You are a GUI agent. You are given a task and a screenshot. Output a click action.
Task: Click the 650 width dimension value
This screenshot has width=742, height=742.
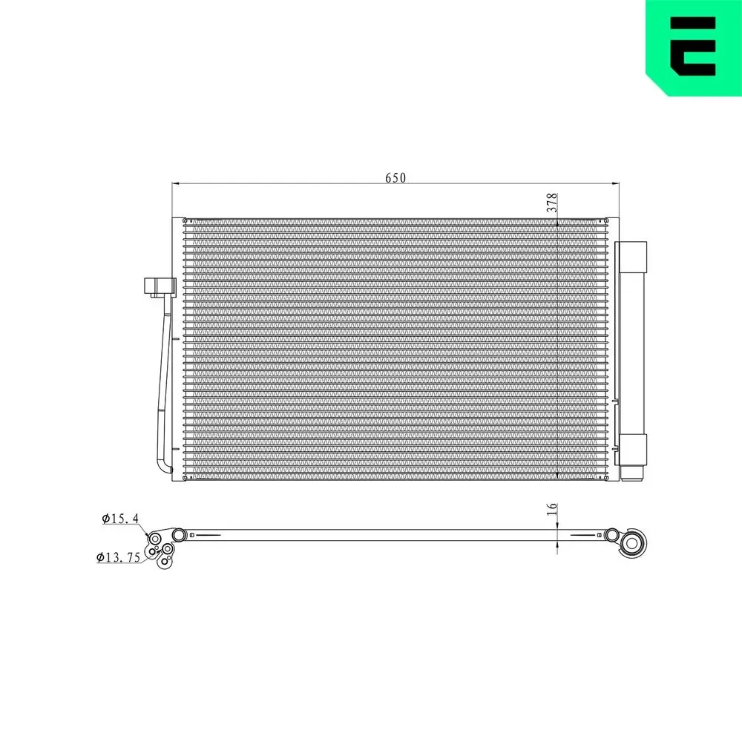pyautogui.click(x=395, y=178)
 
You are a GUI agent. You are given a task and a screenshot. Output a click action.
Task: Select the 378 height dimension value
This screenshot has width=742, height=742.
pyautogui.click(x=551, y=203)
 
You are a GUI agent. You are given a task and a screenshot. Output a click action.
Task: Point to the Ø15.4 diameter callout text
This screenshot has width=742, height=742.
pyautogui.click(x=121, y=519)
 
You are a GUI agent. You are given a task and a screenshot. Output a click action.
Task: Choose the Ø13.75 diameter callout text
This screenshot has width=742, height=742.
pyautogui.click(x=119, y=558)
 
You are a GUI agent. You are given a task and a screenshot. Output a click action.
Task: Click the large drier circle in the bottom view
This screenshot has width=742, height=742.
pyautogui.click(x=632, y=543)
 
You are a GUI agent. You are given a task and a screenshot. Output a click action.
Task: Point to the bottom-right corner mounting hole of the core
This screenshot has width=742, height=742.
pyautogui.click(x=604, y=478)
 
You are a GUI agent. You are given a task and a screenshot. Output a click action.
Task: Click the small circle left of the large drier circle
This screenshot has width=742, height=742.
pyautogui.click(x=611, y=535)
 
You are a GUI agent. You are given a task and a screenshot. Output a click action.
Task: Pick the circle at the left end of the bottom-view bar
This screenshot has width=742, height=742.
pyautogui.click(x=178, y=535)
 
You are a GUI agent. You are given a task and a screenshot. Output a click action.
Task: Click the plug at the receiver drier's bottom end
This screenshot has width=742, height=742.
pyautogui.click(x=632, y=473)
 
